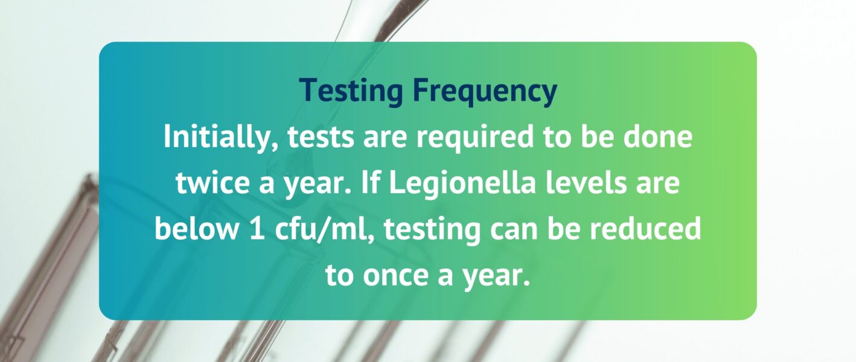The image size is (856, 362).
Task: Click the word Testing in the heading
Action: click(351, 90)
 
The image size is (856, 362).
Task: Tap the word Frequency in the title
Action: click(485, 90)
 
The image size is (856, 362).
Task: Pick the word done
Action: click(657, 137)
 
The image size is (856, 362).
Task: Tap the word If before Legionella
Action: click(370, 182)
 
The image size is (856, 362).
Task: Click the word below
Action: click(196, 227)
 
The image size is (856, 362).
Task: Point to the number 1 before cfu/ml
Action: click(257, 228)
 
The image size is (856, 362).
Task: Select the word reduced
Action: click(645, 227)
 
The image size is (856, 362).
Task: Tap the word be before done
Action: click(597, 137)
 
